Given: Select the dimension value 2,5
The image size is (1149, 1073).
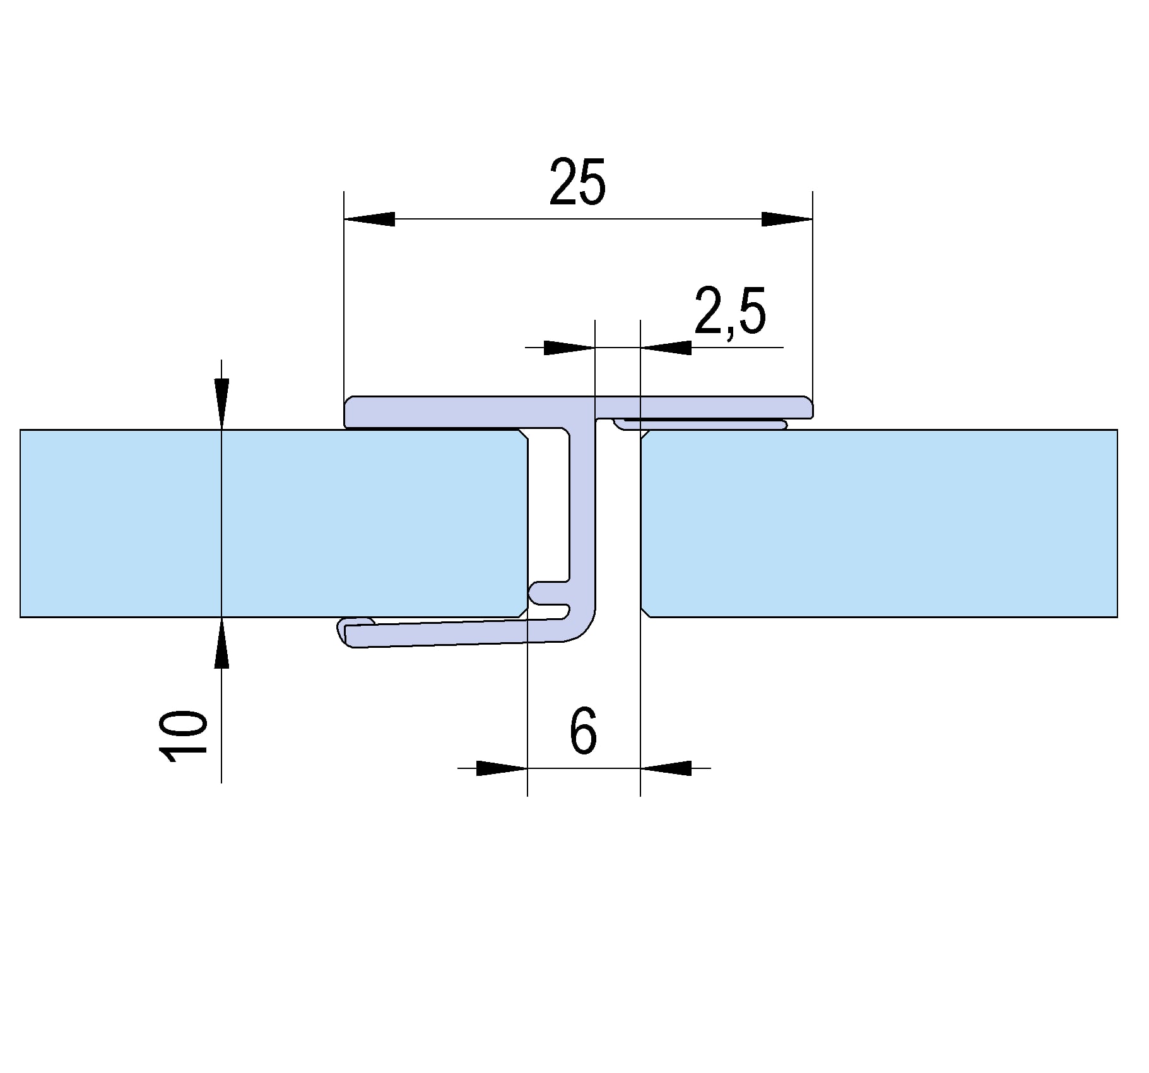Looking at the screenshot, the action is (x=730, y=310).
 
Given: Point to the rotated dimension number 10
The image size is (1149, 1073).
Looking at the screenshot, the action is (x=184, y=737).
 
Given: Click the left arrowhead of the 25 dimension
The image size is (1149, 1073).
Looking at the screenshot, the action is (x=369, y=219).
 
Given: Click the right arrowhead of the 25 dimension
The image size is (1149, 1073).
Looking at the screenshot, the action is (x=787, y=219).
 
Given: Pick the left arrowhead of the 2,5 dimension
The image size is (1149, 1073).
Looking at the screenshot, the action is (x=569, y=348).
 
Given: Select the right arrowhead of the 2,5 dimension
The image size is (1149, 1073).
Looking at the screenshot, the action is (x=666, y=348).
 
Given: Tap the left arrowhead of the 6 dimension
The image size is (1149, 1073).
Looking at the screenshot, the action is (x=502, y=768).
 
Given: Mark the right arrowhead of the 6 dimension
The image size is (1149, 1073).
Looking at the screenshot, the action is (x=666, y=768).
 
